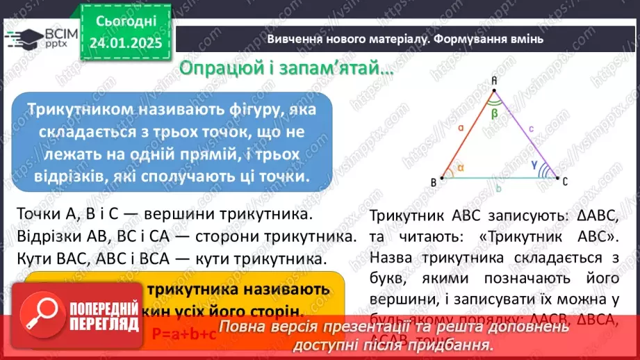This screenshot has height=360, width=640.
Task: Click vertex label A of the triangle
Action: [x=493, y=81]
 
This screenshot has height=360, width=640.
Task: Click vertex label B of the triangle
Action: [x=434, y=182]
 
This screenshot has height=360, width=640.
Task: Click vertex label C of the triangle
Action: [x=564, y=182]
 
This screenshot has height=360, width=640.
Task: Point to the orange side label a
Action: [x=461, y=127]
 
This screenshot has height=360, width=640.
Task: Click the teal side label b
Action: [x=499, y=188]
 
